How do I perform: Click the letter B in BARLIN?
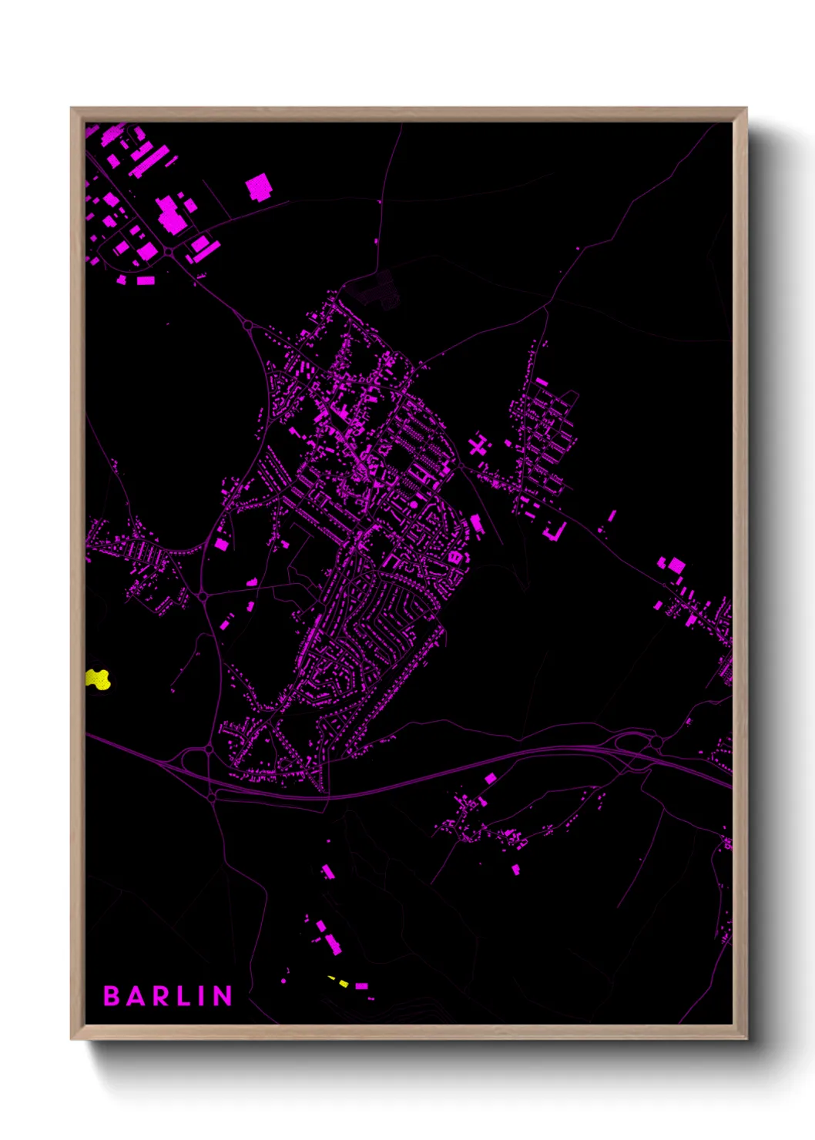click(x=112, y=996)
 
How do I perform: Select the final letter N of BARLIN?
click(x=223, y=996)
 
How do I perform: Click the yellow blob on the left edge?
click(x=98, y=679)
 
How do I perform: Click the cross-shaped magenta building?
click(x=479, y=445)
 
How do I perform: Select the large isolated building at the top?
click(x=259, y=187)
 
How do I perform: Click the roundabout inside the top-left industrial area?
click(x=168, y=251)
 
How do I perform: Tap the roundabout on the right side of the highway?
click(x=656, y=742)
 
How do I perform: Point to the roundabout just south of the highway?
click(x=212, y=798)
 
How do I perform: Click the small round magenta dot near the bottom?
click(x=284, y=981)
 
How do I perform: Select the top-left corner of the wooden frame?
click(x=72, y=109)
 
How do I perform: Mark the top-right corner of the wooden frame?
click(x=746, y=109)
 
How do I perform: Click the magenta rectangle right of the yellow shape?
click(x=361, y=986)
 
